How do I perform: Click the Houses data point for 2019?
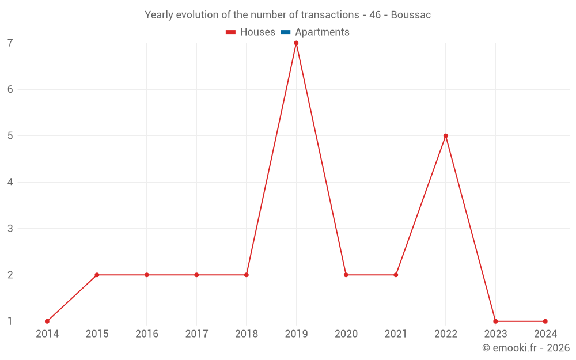[x=296, y=43]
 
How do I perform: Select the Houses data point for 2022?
[x=446, y=136]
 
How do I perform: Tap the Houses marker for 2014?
[x=47, y=321]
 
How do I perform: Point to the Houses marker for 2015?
[x=97, y=275]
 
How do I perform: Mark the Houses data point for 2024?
[x=545, y=321]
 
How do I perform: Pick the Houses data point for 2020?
[x=346, y=275]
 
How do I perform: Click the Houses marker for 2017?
[x=196, y=275]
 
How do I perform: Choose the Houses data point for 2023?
[x=495, y=321]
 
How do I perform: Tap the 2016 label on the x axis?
[x=147, y=334]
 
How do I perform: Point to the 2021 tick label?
[x=396, y=334]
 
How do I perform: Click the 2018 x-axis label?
[x=247, y=334]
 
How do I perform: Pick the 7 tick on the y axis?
[x=10, y=43]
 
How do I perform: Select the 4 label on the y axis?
[x=10, y=183]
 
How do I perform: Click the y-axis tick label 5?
[x=10, y=136]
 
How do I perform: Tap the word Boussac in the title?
[x=411, y=15]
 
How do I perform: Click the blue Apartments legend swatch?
[x=285, y=32]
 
